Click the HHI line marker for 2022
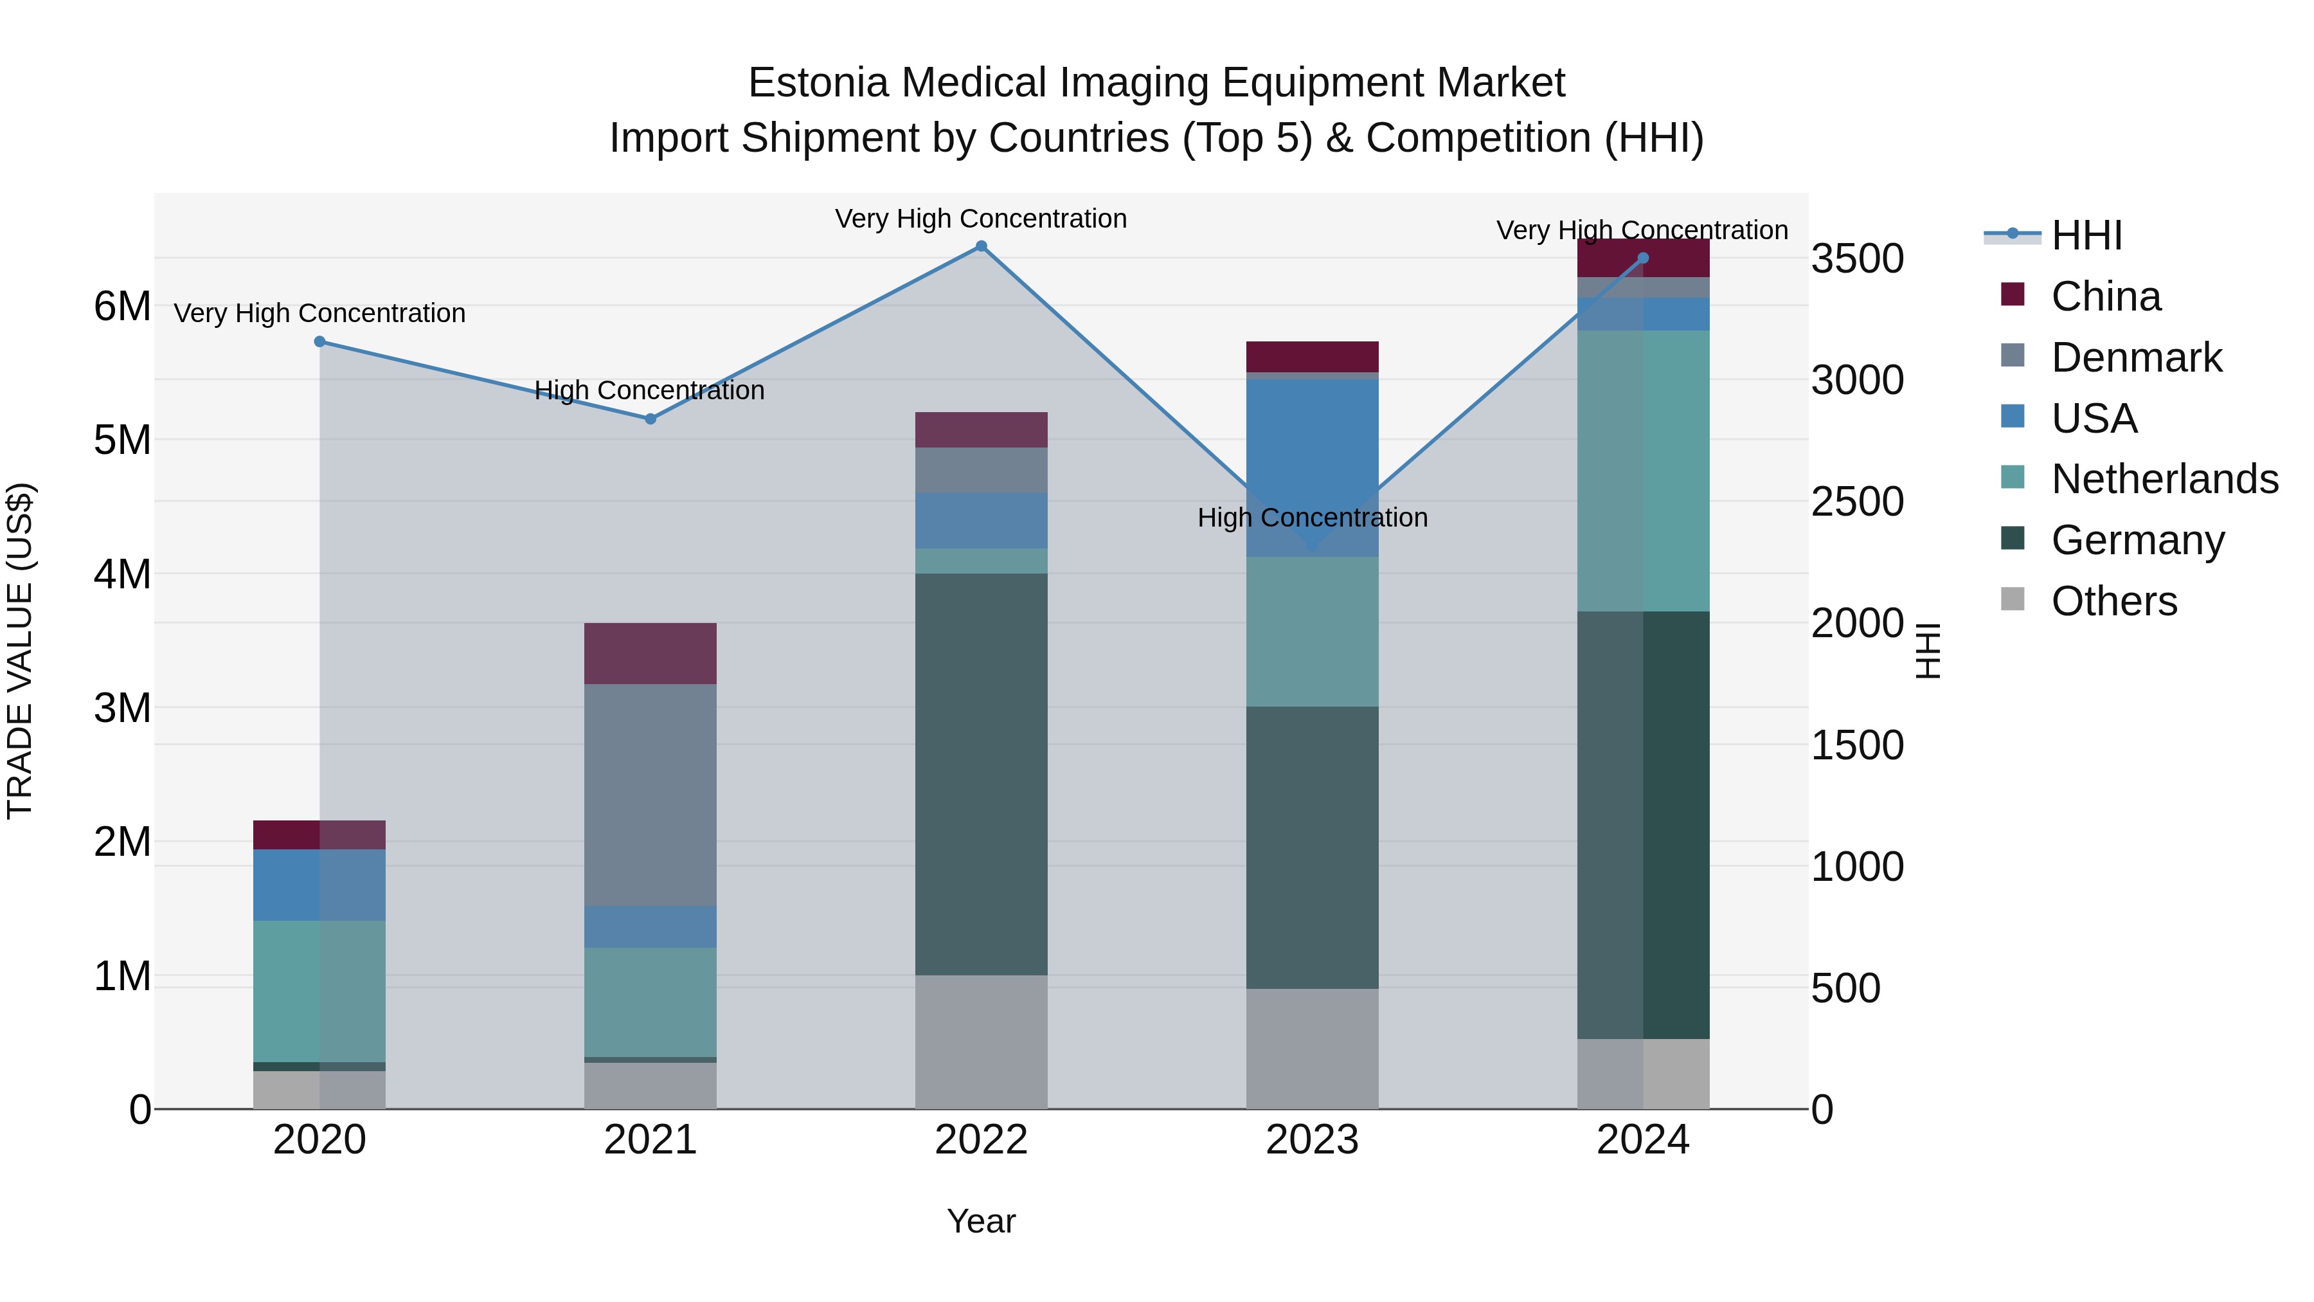(981, 246)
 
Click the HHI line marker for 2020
(320, 341)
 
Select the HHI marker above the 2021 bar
(650, 419)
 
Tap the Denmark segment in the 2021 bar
(650, 795)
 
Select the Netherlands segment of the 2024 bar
(1643, 471)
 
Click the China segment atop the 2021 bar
(650, 653)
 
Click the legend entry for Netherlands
(2164, 479)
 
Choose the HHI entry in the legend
(2086, 235)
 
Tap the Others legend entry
(2113, 601)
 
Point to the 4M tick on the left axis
(122, 574)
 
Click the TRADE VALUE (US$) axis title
(20, 651)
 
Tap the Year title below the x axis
(981, 1221)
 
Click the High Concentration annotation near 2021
(649, 390)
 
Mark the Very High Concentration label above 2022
(981, 219)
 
